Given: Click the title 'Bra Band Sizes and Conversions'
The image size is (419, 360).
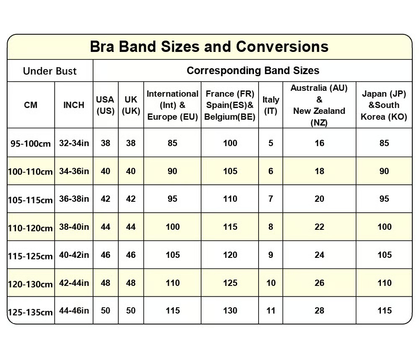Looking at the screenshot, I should tap(209, 46).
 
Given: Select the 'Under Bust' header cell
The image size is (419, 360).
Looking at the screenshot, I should tap(50, 71).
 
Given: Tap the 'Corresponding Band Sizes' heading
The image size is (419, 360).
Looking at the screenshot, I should tap(253, 70).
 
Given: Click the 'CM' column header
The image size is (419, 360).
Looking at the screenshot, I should tap(31, 105).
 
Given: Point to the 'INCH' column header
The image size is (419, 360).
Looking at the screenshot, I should tap(74, 105).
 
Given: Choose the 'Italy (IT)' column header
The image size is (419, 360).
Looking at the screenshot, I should tap(271, 105).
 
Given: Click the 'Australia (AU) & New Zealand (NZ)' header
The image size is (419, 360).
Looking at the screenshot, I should tap(319, 105).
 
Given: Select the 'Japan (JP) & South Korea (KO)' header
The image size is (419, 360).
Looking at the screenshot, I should tap(384, 105).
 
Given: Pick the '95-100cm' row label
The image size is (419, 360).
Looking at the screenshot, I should tap(31, 144).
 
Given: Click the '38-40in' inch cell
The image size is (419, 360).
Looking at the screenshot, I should tap(74, 227).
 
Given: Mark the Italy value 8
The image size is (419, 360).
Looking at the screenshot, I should tap(271, 227).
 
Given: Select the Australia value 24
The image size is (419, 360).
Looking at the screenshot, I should tap(319, 255).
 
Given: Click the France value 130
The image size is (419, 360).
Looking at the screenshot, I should tap(230, 311).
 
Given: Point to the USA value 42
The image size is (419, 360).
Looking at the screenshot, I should tap(106, 199).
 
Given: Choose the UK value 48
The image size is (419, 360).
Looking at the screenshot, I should tap(131, 283).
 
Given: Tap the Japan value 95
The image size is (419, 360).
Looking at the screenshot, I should tap(384, 199).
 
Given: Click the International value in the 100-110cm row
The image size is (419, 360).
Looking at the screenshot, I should tap(172, 171).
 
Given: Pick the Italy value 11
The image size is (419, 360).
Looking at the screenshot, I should tap(271, 311).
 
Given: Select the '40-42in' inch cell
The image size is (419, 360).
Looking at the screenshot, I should tap(74, 255).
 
